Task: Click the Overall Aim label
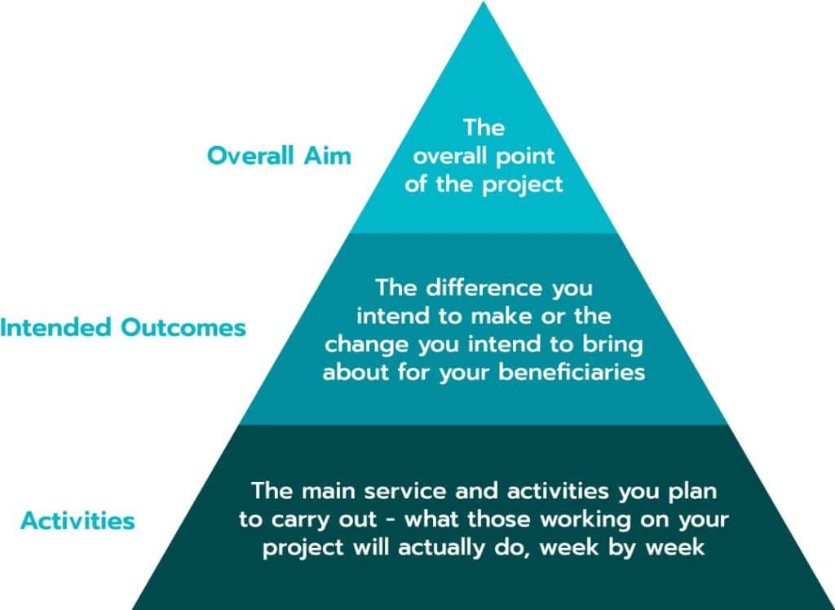[x=279, y=156]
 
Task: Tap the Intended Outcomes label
[x=123, y=327]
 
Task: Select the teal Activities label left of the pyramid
[x=77, y=520]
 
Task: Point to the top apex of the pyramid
[x=483, y=2]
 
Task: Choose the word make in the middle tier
[x=501, y=316]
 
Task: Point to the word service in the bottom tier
[x=405, y=491]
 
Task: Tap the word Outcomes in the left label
[x=183, y=327]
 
